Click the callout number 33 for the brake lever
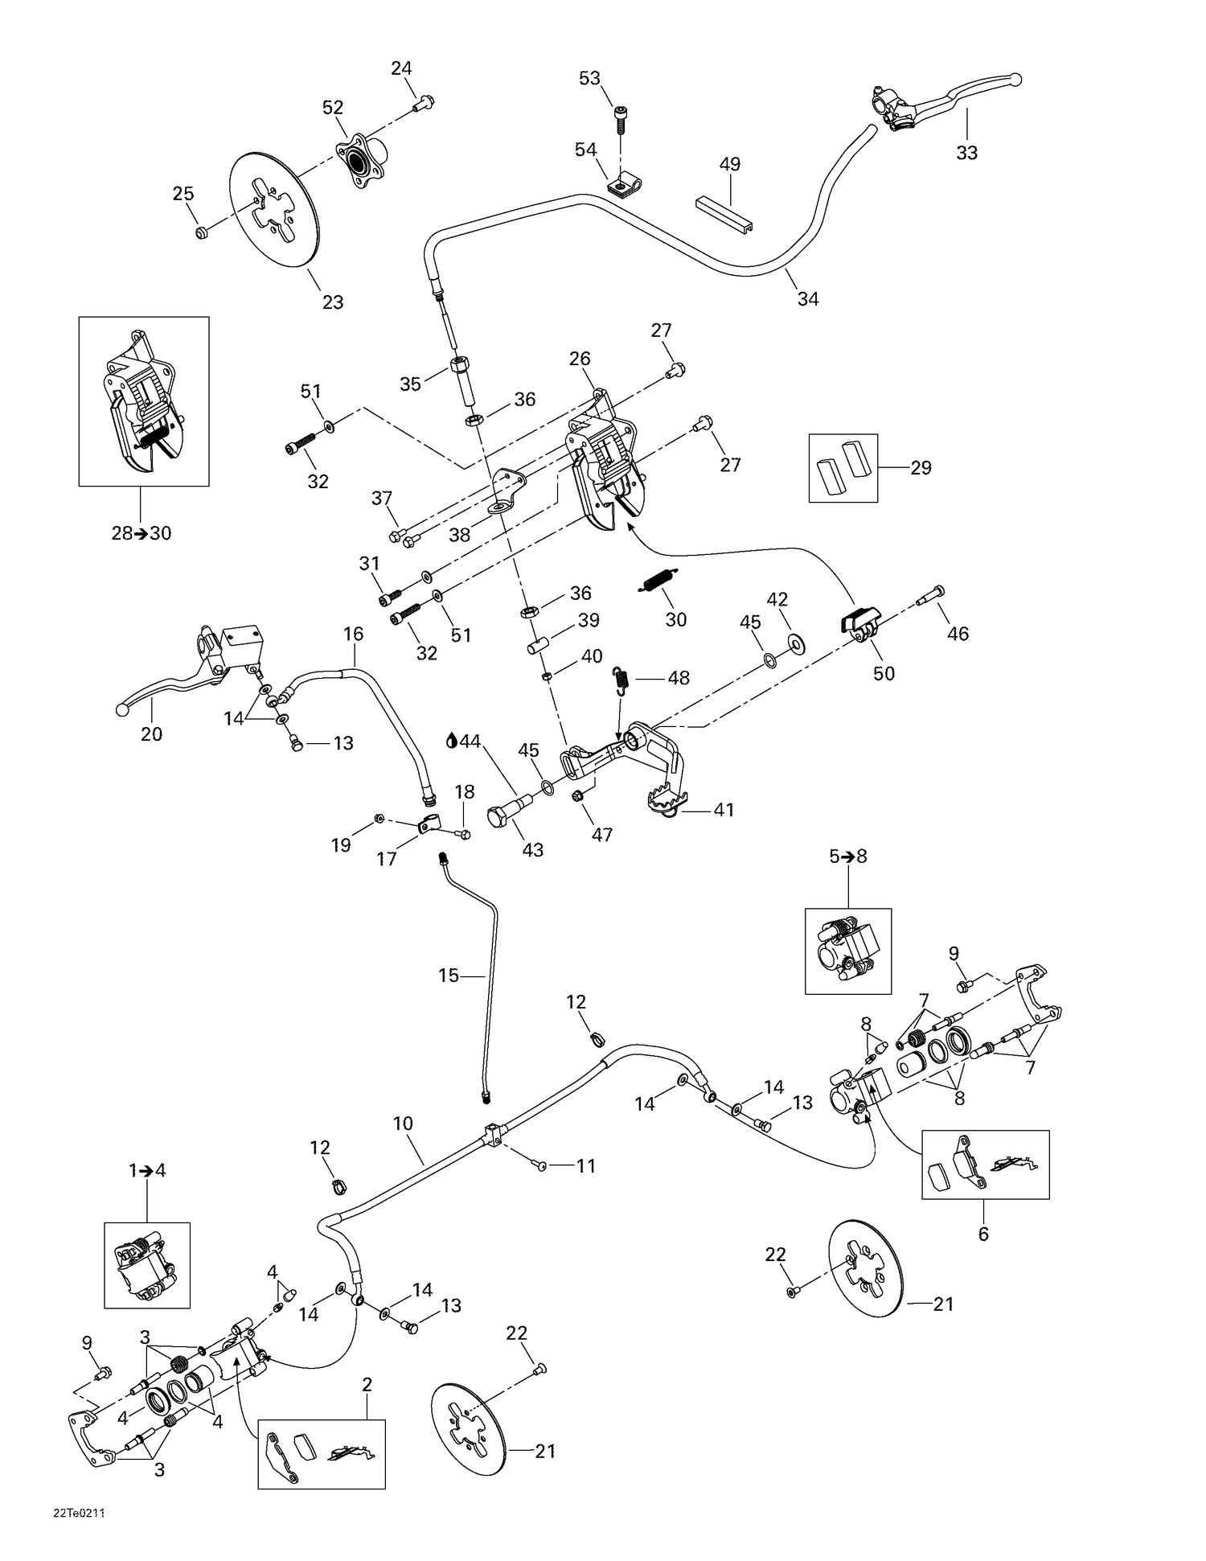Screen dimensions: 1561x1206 (966, 153)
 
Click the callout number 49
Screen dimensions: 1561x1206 (729, 164)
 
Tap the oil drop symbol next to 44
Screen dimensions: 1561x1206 (451, 740)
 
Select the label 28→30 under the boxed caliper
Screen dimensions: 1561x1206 (141, 533)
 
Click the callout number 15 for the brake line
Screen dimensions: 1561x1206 (448, 976)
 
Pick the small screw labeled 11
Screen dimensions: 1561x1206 (542, 1166)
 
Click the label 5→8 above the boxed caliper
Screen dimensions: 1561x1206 (847, 856)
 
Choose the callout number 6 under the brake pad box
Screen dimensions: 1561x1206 (982, 1234)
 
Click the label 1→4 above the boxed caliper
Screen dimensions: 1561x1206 (147, 1171)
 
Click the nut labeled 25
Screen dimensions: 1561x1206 (202, 233)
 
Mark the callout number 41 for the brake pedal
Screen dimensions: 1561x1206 (724, 810)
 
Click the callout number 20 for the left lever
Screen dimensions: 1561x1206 (151, 733)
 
